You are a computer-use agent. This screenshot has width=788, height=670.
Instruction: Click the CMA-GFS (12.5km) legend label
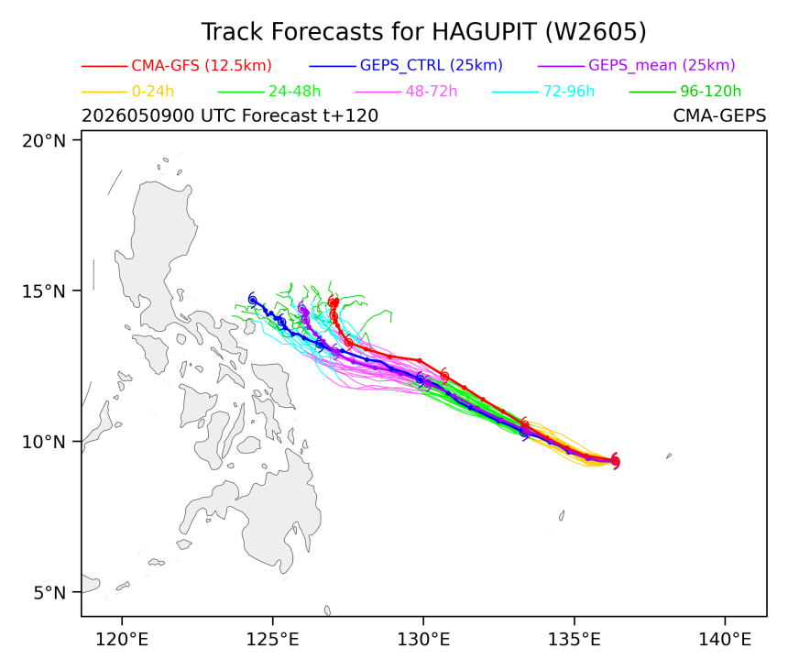pyautogui.click(x=202, y=65)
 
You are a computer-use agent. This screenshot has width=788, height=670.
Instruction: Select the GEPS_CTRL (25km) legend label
pyautogui.click(x=432, y=65)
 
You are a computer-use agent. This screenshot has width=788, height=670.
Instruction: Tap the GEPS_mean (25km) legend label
pyautogui.click(x=662, y=65)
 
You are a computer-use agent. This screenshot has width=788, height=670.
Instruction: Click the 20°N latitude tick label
pyautogui.click(x=44, y=141)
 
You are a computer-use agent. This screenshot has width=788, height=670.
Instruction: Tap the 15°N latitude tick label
pyautogui.click(x=44, y=291)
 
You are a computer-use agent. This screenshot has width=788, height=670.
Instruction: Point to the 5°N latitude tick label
pyautogui.click(x=49, y=593)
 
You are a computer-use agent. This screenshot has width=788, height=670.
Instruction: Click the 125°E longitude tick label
pyautogui.click(x=272, y=640)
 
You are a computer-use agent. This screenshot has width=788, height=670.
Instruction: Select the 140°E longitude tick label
pyautogui.click(x=725, y=640)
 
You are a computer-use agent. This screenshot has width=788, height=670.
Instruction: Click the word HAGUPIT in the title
pyautogui.click(x=485, y=32)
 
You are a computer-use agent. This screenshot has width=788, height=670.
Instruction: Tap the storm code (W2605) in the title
pyautogui.click(x=596, y=32)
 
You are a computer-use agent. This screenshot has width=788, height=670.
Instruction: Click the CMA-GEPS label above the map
pyautogui.click(x=719, y=115)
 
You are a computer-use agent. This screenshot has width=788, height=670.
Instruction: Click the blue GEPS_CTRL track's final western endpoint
pyautogui.click(x=252, y=300)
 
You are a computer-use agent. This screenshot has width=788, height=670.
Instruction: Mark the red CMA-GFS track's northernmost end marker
pyautogui.click(x=334, y=302)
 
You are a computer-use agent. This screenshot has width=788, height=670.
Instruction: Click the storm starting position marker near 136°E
pyautogui.click(x=615, y=461)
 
